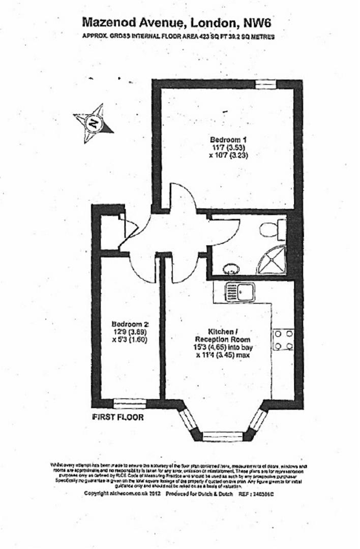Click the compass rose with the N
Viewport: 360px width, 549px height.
[x=93, y=122]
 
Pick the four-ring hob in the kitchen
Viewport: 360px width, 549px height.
[x=284, y=340]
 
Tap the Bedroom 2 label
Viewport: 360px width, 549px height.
[x=130, y=324]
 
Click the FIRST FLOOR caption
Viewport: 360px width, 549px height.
[x=117, y=417]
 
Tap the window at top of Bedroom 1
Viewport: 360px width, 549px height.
[x=265, y=84]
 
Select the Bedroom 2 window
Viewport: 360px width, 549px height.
[x=130, y=404]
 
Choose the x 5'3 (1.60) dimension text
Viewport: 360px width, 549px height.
[x=130, y=340]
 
